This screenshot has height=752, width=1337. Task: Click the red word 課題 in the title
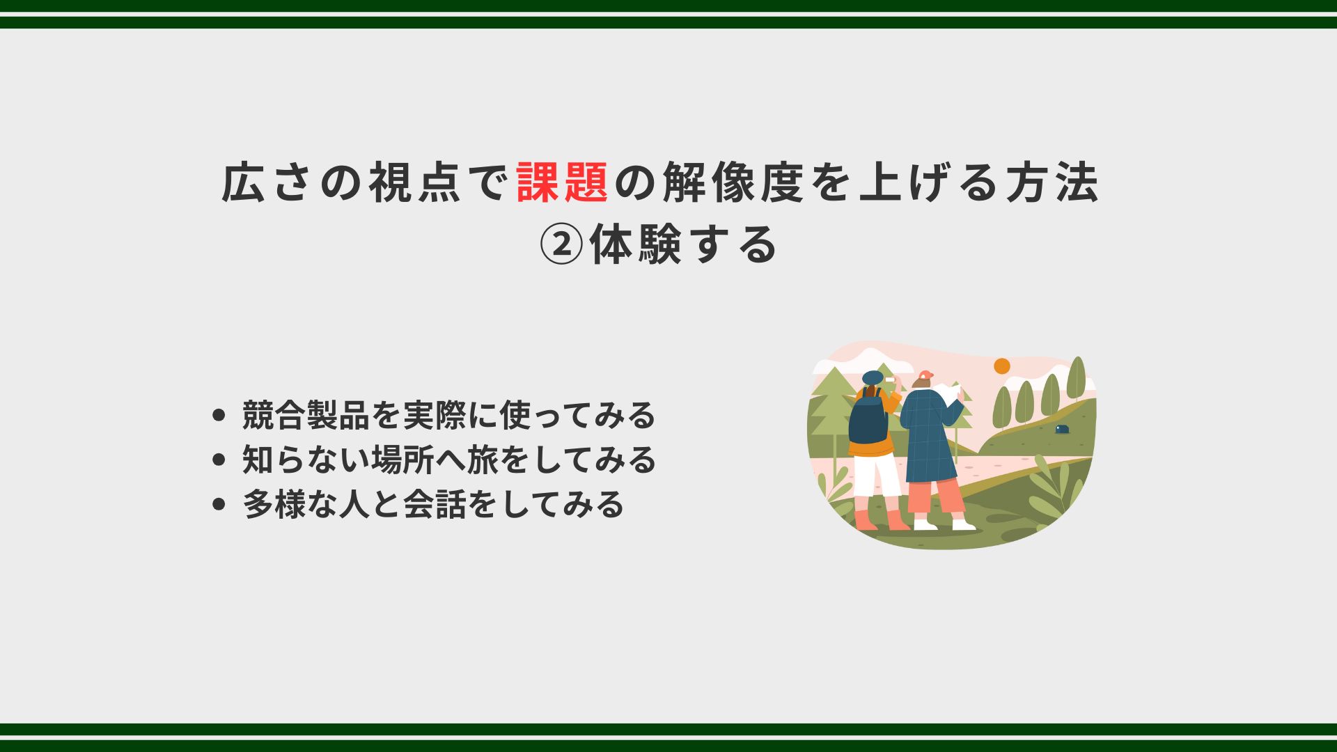tap(563, 182)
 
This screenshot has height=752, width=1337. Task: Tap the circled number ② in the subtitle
tap(561, 245)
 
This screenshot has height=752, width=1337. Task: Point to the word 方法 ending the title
tap(1053, 182)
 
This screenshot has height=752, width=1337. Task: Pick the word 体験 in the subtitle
tap(635, 245)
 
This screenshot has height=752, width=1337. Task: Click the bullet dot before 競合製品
tap(219, 416)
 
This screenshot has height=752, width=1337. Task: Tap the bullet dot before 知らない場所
tap(219, 460)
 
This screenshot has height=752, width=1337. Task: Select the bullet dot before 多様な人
tap(219, 505)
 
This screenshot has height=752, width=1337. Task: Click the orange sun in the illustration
tap(1001, 366)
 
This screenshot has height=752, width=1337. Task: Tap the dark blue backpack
tap(868, 416)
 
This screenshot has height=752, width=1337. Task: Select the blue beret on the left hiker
tap(873, 377)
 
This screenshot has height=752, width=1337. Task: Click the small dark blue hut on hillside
tap(1061, 429)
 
